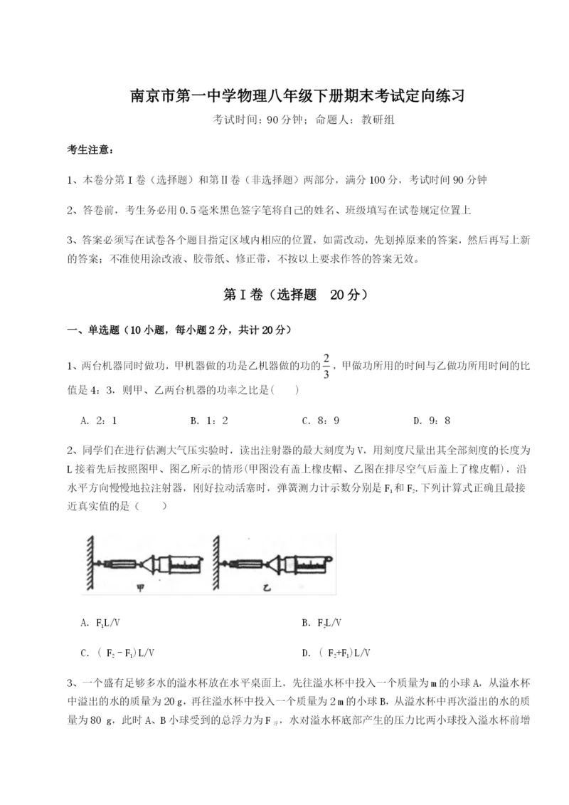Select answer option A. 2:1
tap(99, 420)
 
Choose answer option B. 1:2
tap(209, 420)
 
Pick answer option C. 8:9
tap(319, 420)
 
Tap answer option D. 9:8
tap(431, 420)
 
